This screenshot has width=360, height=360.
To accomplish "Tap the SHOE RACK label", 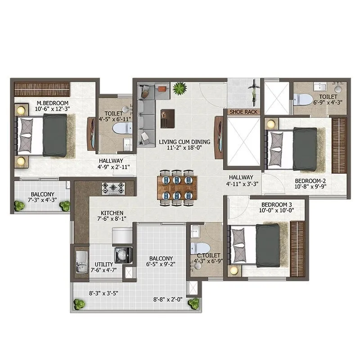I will (243, 112).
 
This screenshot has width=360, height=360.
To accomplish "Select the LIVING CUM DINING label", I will (183, 142).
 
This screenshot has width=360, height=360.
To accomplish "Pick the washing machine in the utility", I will (122, 255).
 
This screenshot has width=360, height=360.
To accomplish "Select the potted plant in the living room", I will (180, 88).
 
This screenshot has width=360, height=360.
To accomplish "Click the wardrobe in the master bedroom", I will (42, 88).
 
